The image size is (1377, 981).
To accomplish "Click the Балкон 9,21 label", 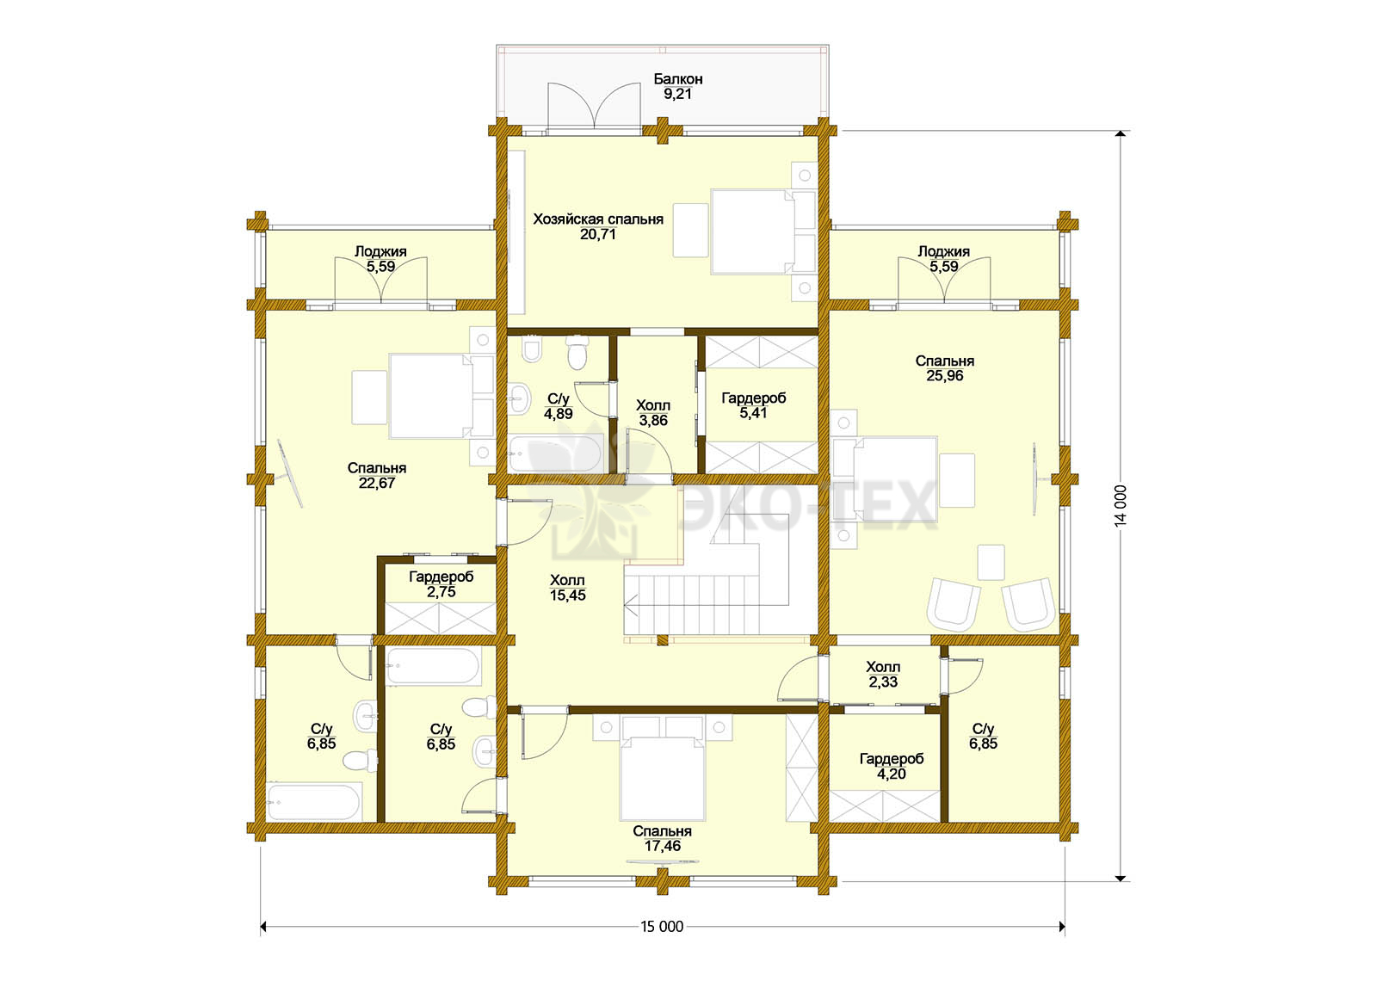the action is (x=677, y=87).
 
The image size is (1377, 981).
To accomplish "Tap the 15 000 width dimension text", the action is (x=662, y=926).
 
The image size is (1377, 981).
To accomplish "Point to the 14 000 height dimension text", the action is (x=1120, y=505).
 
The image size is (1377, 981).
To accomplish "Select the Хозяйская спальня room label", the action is (x=597, y=219).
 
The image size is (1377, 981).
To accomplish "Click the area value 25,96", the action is (x=944, y=375).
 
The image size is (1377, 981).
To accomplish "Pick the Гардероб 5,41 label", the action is (x=754, y=405).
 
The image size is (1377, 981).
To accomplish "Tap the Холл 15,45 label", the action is (x=567, y=588).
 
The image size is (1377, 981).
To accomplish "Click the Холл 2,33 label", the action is (x=883, y=675).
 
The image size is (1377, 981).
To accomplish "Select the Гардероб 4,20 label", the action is (x=892, y=767).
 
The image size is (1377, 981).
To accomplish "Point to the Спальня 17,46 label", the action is (x=662, y=838).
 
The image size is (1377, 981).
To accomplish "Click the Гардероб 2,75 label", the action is (x=441, y=584).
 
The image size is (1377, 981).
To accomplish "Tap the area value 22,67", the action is (x=377, y=483).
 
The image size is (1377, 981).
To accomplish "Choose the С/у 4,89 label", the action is (x=559, y=407).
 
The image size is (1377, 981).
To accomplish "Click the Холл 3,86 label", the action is (x=653, y=413).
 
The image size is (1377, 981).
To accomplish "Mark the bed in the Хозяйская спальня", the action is (x=763, y=231).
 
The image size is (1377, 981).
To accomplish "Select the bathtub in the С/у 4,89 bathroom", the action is (x=555, y=454).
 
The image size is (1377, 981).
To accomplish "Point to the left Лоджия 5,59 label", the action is (x=380, y=259).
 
